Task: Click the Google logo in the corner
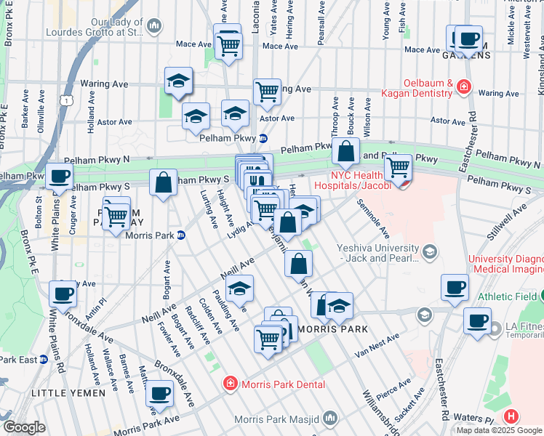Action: tap(23, 427)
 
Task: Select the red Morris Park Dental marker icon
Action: tap(230, 382)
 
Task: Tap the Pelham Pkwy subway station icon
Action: tap(263, 138)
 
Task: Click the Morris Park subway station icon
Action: tap(182, 234)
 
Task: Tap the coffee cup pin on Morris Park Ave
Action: tap(159, 393)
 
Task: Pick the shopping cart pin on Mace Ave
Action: tap(229, 46)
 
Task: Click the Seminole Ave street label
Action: tap(373, 219)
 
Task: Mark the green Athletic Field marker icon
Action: tap(540, 296)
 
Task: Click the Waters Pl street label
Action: tap(478, 419)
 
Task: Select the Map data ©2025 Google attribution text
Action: tap(498, 430)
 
